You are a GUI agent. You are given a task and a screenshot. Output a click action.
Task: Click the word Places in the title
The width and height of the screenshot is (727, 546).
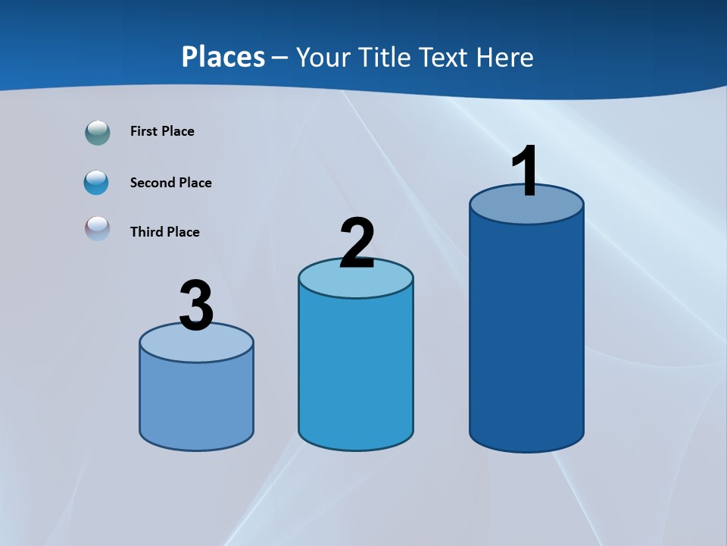click(223, 57)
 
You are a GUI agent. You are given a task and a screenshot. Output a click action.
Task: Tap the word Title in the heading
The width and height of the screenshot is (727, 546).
click(384, 57)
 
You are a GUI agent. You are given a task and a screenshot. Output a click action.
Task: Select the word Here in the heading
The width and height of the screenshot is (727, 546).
click(505, 57)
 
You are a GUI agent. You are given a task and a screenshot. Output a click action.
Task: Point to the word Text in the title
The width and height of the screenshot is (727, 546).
click(446, 57)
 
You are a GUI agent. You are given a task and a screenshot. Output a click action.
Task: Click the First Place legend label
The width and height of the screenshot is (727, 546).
click(162, 131)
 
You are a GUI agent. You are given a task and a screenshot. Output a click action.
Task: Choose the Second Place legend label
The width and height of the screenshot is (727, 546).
click(170, 183)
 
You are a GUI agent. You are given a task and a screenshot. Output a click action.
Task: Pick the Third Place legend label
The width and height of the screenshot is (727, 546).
click(164, 232)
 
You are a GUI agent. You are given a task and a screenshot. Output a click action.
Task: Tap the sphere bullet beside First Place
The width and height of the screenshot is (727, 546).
click(98, 133)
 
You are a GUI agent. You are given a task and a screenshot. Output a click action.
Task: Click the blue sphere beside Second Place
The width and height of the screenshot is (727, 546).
click(97, 183)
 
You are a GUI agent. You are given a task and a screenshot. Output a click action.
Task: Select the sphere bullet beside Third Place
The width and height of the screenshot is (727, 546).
click(98, 228)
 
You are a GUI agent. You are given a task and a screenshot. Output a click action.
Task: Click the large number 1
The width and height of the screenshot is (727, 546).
click(525, 172)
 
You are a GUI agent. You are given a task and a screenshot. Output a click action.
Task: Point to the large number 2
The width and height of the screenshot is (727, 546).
click(357, 243)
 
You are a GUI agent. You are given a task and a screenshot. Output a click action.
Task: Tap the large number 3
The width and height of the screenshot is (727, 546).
click(196, 306)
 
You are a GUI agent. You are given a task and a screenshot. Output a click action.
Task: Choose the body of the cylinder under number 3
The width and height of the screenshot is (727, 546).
click(196, 402)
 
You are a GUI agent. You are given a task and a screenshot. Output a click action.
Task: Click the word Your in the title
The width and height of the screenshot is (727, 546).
click(323, 57)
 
